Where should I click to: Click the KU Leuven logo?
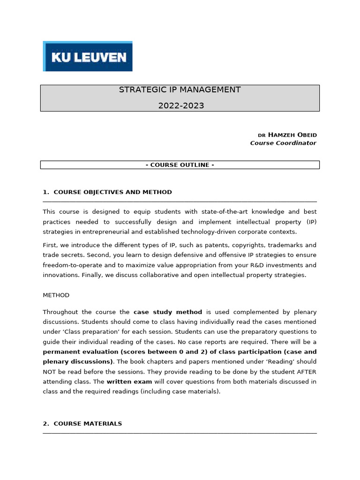[x=88, y=56]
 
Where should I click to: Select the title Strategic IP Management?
[x=180, y=90]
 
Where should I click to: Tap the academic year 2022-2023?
[x=181, y=105]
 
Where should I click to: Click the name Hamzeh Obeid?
[x=292, y=135]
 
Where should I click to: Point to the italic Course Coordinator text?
[x=283, y=143]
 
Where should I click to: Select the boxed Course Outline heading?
[x=180, y=165]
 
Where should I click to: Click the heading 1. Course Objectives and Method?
[x=107, y=192]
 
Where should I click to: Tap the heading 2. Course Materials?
[x=82, y=424]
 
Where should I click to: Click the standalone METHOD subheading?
[x=56, y=295]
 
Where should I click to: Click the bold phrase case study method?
[x=168, y=312]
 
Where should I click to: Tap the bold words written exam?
[x=129, y=382]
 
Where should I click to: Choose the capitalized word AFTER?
[x=306, y=372]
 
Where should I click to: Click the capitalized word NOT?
[x=49, y=372]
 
